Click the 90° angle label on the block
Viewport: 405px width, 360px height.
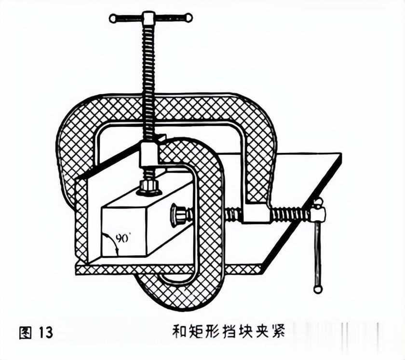[123, 238]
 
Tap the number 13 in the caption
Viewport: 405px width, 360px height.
[43, 332]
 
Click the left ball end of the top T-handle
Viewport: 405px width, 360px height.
[113, 19]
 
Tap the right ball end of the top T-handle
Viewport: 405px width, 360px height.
[189, 18]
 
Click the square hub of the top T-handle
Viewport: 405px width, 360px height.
[148, 18]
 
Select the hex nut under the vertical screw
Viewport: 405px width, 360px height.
[148, 186]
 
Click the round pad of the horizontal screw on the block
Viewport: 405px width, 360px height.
[177, 215]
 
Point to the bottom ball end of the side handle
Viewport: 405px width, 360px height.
[317, 289]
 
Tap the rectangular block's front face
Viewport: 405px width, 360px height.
[123, 232]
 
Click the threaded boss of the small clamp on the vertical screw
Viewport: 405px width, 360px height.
[148, 154]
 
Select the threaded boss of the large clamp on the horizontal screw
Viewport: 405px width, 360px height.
[256, 213]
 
